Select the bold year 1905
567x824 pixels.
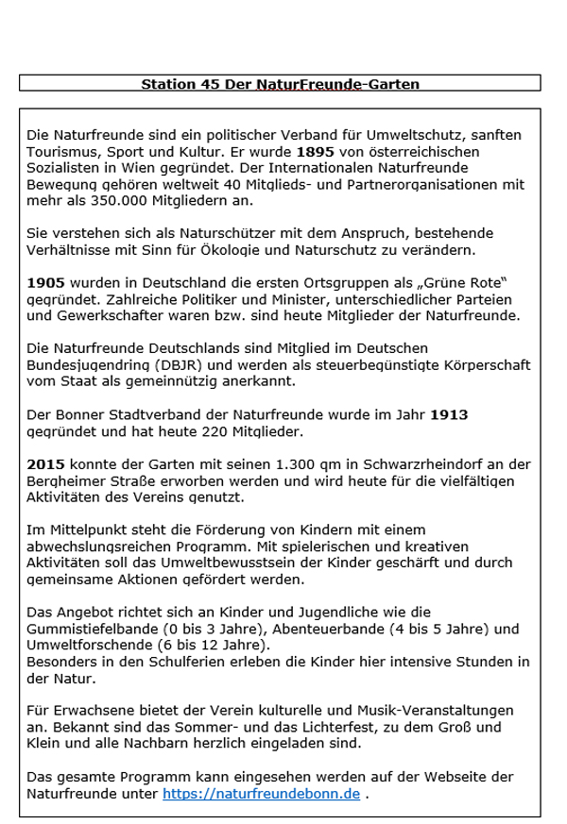[45, 282]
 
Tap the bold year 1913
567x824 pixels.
[449, 414]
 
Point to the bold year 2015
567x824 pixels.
[45, 463]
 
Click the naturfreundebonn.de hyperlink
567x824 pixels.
[261, 794]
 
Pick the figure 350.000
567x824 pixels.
[96, 201]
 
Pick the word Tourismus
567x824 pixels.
[61, 151]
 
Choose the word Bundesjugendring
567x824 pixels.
[86, 365]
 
